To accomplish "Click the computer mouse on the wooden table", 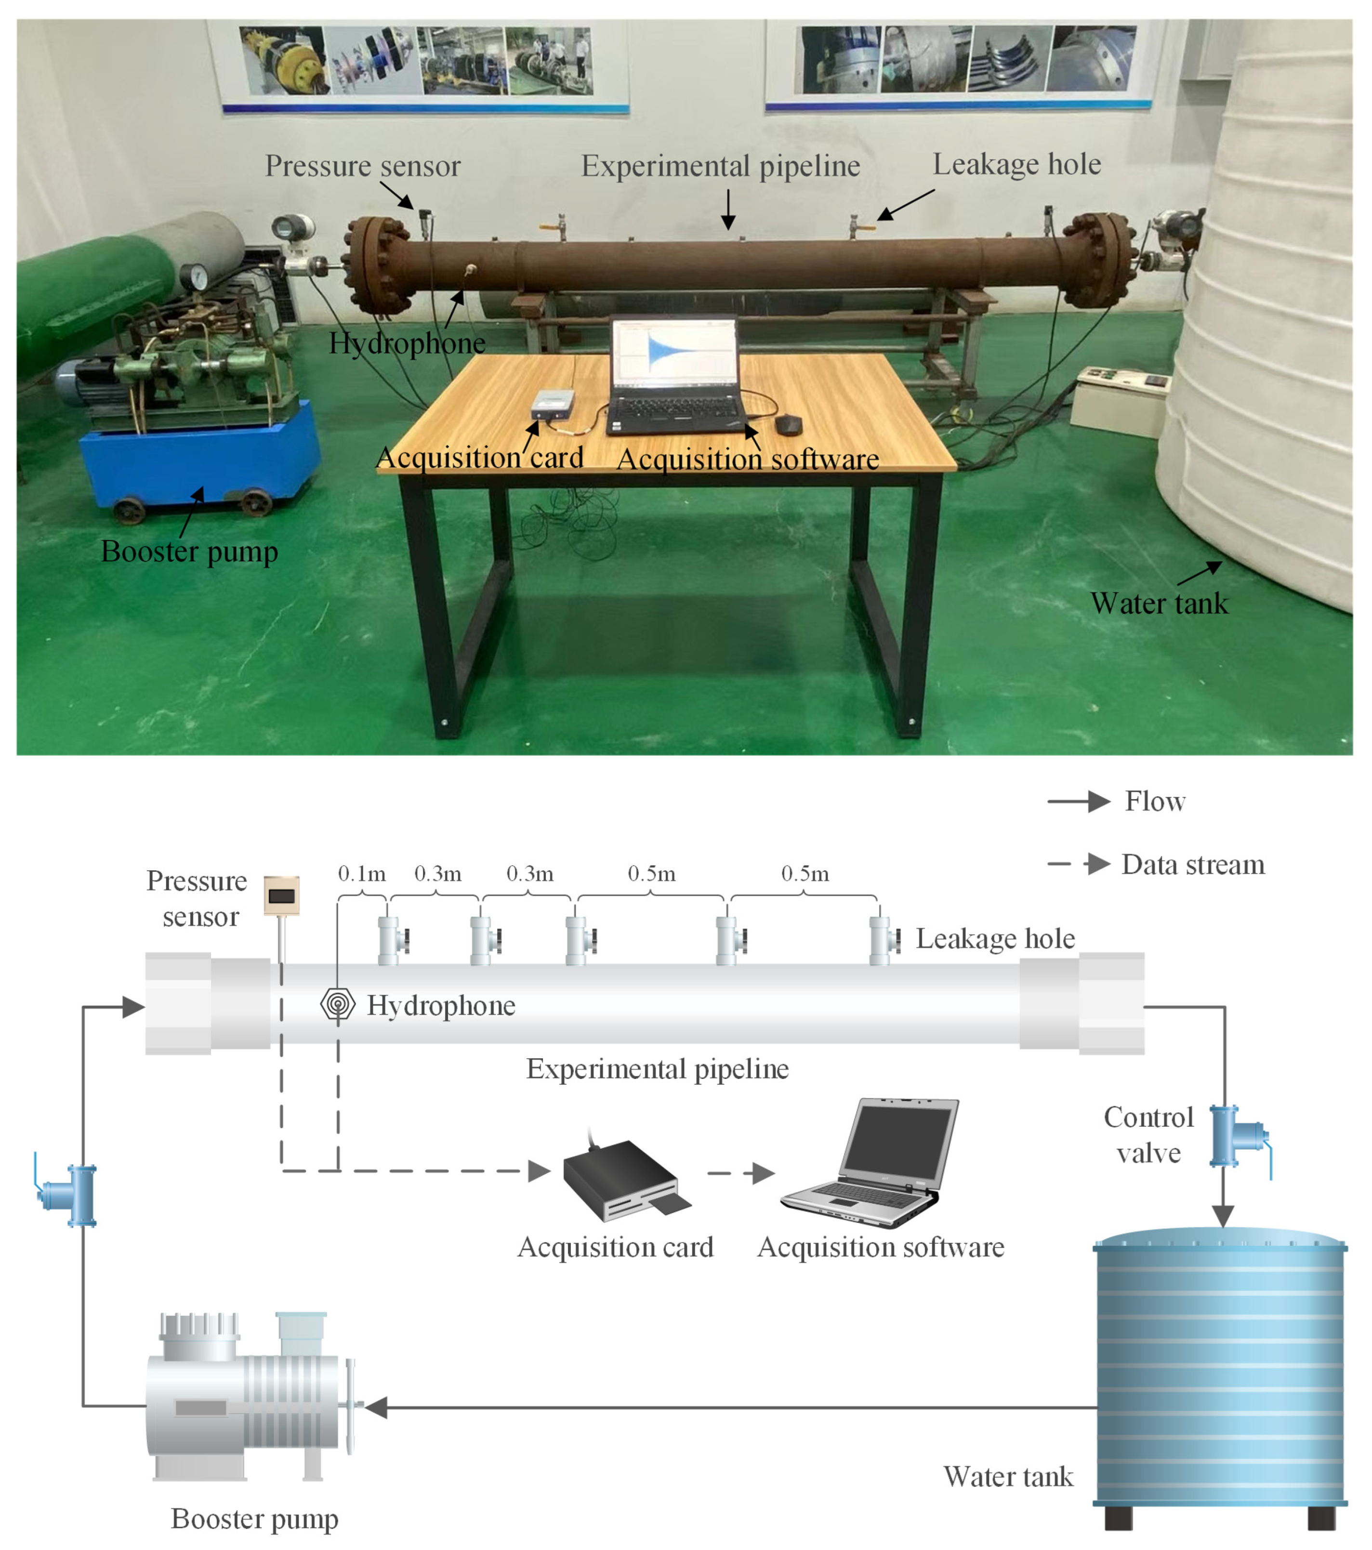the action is coord(788,425).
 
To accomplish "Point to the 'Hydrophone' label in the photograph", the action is coord(407,343).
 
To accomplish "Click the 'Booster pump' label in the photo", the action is coord(190,552).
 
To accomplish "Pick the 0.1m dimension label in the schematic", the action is coord(362,874).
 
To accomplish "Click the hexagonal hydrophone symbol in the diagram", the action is coord(338,1004).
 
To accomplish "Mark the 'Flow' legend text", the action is coord(1154,801).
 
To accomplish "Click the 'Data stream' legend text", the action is coord(1193,865).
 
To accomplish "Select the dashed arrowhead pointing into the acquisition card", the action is coord(539,1171).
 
